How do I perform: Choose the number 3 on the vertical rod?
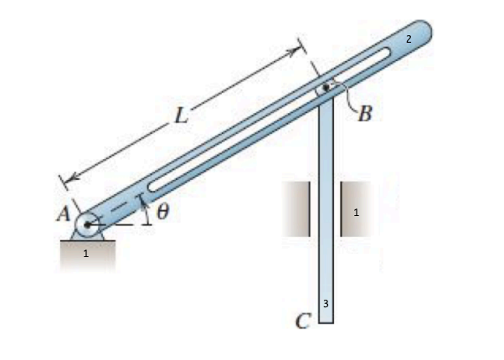[x=326, y=304]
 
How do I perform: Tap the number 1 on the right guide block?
[x=356, y=213]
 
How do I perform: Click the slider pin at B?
[x=327, y=87]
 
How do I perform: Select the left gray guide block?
[x=296, y=208]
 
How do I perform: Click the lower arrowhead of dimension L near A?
[x=66, y=179]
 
